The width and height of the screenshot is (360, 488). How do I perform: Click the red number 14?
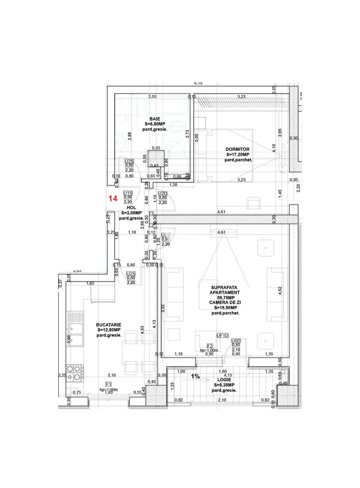113,198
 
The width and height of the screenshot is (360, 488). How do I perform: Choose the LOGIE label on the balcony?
224,380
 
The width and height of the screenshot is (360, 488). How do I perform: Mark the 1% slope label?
195,376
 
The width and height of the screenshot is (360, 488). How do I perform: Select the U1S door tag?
128,192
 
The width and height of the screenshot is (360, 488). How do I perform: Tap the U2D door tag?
163,193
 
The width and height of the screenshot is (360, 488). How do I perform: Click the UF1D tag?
222,336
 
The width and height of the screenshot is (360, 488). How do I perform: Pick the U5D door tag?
235,341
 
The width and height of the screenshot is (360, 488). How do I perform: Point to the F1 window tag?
108,385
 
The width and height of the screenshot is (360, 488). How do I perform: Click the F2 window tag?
209,345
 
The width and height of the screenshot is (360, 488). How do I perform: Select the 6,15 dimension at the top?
198,83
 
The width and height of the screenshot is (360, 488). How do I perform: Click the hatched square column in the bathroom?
156,159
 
